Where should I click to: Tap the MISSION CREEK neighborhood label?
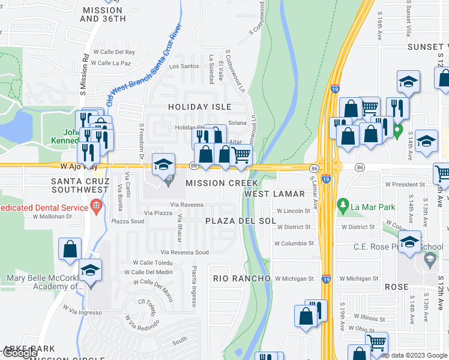click(221, 183)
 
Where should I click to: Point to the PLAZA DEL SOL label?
click(241, 221)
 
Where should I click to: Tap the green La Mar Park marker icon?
click(343, 205)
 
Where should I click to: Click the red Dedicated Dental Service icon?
click(96, 207)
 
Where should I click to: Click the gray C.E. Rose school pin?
click(429, 259)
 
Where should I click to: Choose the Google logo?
click(20, 353)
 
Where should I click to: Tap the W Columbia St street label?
click(294, 244)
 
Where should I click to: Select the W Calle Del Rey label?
click(114, 52)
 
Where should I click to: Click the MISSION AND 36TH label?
click(103, 14)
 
